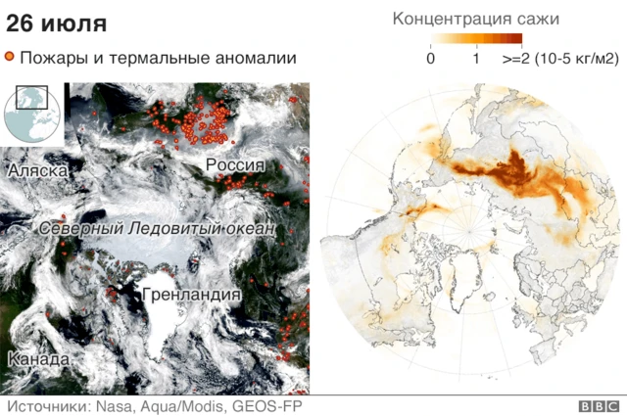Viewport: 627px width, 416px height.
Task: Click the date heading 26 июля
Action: (57, 23)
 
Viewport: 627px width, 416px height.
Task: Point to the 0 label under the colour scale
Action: (431, 59)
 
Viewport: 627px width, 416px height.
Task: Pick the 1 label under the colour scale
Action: (476, 59)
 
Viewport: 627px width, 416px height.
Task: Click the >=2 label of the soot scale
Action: (516, 59)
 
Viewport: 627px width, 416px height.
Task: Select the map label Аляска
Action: (37, 171)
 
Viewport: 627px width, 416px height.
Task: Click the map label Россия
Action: (235, 165)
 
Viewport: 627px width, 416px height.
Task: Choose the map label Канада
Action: (37, 360)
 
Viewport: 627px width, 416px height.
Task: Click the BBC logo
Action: (598, 406)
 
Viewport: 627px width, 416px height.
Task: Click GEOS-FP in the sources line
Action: (259, 406)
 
